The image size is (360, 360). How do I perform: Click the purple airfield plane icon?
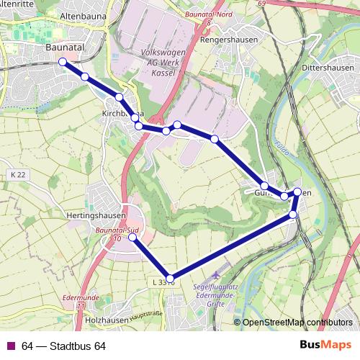tap(219, 276)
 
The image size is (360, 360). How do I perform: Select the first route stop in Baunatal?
tap(63, 62)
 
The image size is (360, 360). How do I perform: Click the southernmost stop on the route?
tap(171, 279)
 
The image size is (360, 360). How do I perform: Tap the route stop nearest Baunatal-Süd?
tap(132, 236)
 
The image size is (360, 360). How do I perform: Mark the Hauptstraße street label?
tap(145, 314)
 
